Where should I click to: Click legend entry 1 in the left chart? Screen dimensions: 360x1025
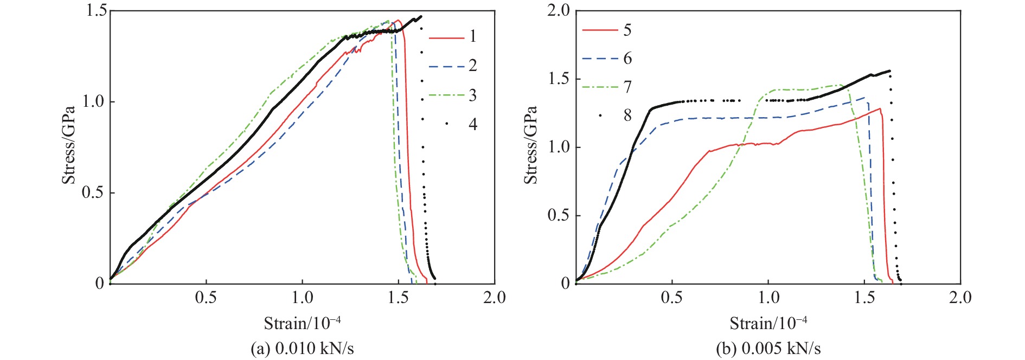pos(453,37)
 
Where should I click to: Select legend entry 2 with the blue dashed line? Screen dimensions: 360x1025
pos(453,66)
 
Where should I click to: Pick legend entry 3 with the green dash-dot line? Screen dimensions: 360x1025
pos(453,95)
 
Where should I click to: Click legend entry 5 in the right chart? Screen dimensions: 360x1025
pos(607,30)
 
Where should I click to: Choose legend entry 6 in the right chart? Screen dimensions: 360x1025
pos(607,59)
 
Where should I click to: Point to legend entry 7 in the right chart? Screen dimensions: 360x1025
pos(607,87)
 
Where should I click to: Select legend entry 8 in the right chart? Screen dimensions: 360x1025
pos(616,115)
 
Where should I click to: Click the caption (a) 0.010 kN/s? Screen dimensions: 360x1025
pos(302,348)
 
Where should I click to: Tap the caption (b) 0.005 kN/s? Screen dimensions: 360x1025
pos(768,348)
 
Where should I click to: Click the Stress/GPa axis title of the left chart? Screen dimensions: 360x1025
pos(68,145)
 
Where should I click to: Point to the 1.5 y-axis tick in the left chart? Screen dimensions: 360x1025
pos(96,11)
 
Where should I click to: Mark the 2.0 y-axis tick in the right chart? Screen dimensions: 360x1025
pos(559,11)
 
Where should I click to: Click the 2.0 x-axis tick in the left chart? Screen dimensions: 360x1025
pos(494,297)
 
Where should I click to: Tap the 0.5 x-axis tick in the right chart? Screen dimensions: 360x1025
pos(672,297)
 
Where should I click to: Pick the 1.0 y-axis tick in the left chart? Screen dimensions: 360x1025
pos(93,102)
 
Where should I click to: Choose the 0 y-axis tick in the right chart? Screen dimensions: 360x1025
pos(565,283)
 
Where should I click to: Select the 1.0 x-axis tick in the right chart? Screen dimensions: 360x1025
pos(768,297)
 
